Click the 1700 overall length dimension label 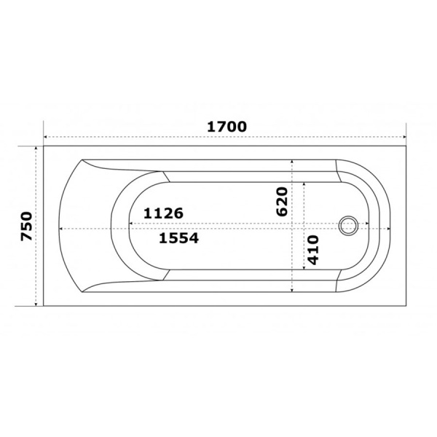227,127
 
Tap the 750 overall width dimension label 27,227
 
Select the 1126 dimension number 163,213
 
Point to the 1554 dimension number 178,238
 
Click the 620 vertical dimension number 282,202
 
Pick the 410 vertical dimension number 312,250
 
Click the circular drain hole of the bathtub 348,226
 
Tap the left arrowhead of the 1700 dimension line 45,137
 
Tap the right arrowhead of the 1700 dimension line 404,137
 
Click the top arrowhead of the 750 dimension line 36,148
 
